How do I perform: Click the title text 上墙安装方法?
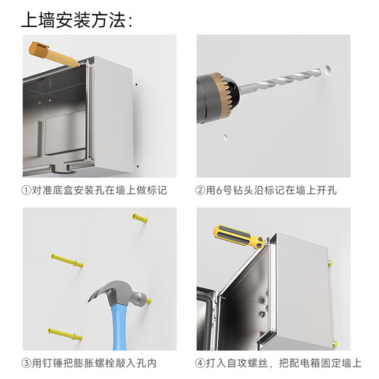click(x=73, y=20)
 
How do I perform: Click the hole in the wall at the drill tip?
click(x=327, y=71)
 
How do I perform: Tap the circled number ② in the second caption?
click(x=200, y=191)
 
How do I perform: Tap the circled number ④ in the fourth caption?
click(x=200, y=363)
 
